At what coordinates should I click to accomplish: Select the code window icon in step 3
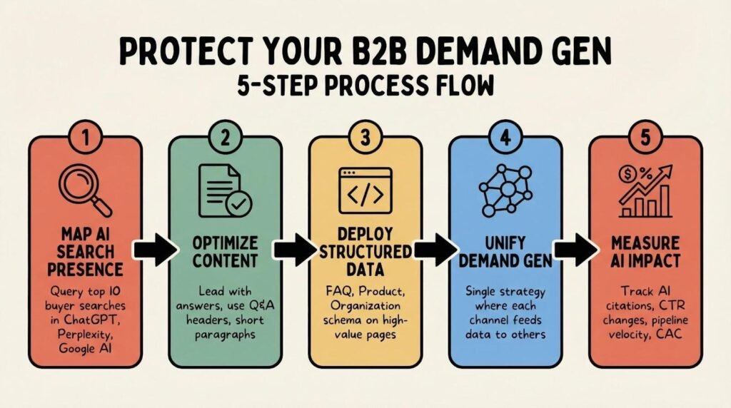[x=365, y=187]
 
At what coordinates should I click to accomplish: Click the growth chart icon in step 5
[x=645, y=188]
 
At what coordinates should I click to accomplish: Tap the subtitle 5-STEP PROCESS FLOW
[x=365, y=85]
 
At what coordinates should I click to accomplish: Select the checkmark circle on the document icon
[x=238, y=204]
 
